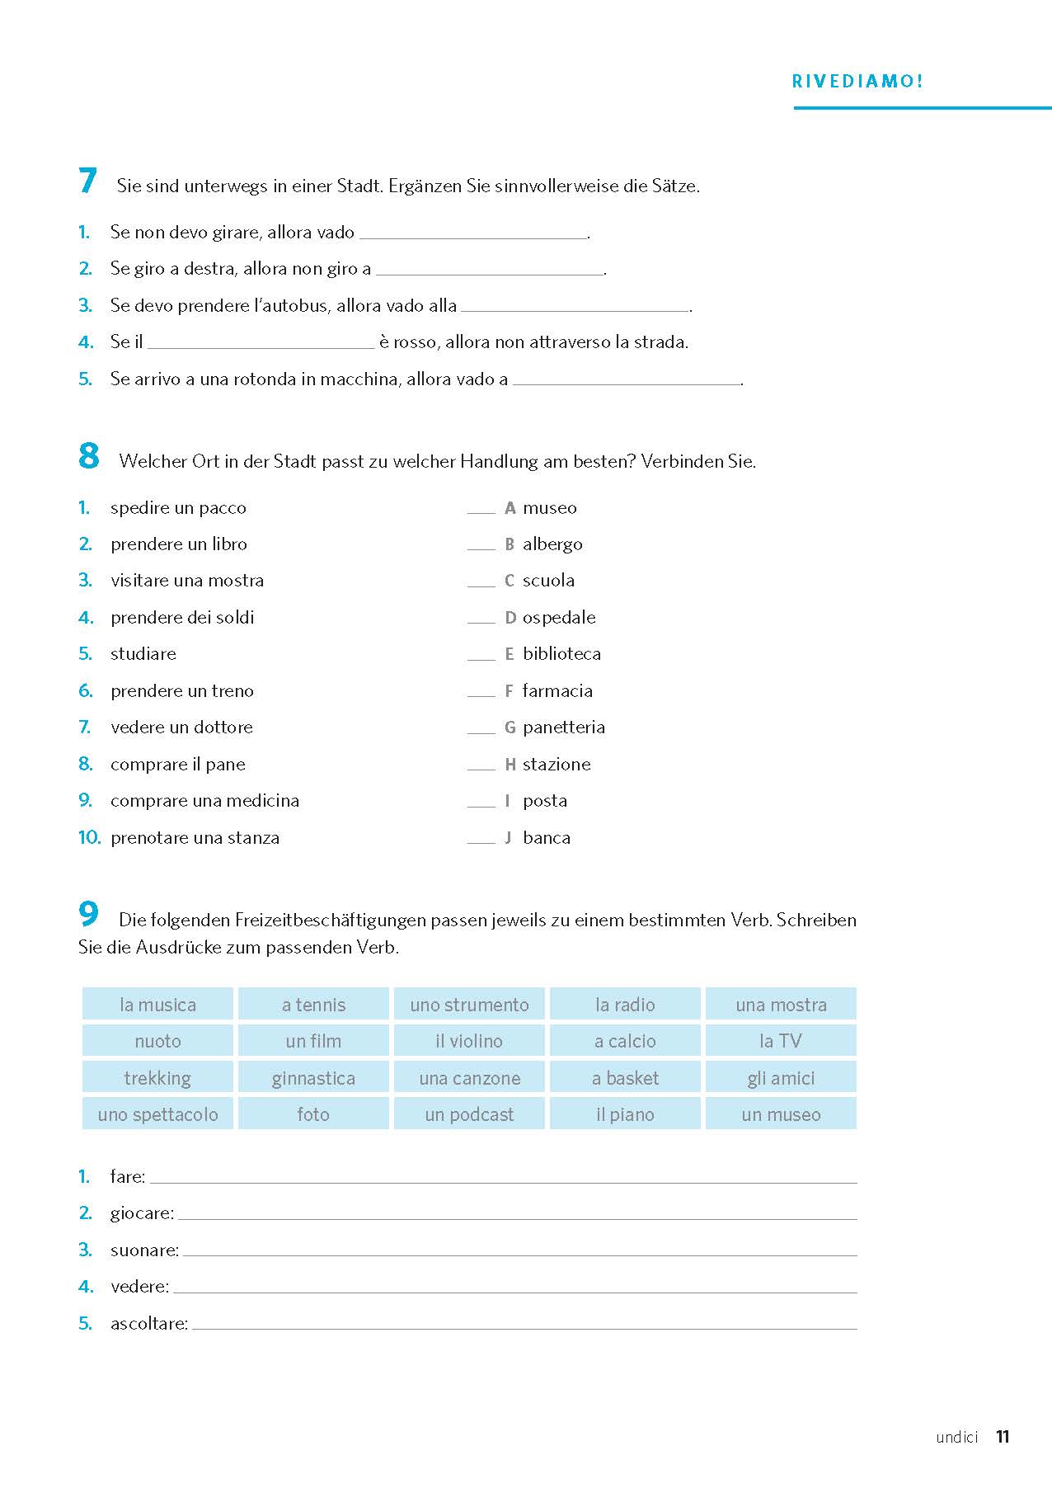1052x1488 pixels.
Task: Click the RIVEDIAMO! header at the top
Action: (x=857, y=82)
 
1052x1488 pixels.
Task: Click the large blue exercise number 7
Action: (x=88, y=181)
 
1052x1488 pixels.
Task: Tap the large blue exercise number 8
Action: (x=89, y=456)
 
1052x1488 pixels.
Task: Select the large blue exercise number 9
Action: (x=89, y=914)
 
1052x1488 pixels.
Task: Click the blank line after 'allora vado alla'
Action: (x=575, y=307)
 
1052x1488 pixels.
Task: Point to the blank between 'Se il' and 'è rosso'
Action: (x=261, y=343)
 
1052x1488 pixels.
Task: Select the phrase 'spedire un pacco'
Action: (x=178, y=508)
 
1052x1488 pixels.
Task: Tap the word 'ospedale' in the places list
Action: (x=559, y=618)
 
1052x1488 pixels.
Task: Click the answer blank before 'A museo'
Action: (x=481, y=510)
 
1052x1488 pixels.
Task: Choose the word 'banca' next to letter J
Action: (x=547, y=838)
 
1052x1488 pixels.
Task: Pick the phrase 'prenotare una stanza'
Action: (x=195, y=838)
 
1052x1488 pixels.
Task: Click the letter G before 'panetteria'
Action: (x=510, y=728)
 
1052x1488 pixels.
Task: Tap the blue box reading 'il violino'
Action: (x=469, y=1041)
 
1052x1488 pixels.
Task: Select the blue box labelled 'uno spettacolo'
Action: (x=157, y=1114)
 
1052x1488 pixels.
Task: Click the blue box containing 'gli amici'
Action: (x=781, y=1078)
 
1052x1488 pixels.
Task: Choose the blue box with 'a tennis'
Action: (x=313, y=1005)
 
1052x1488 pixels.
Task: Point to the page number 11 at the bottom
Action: (x=1003, y=1437)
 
